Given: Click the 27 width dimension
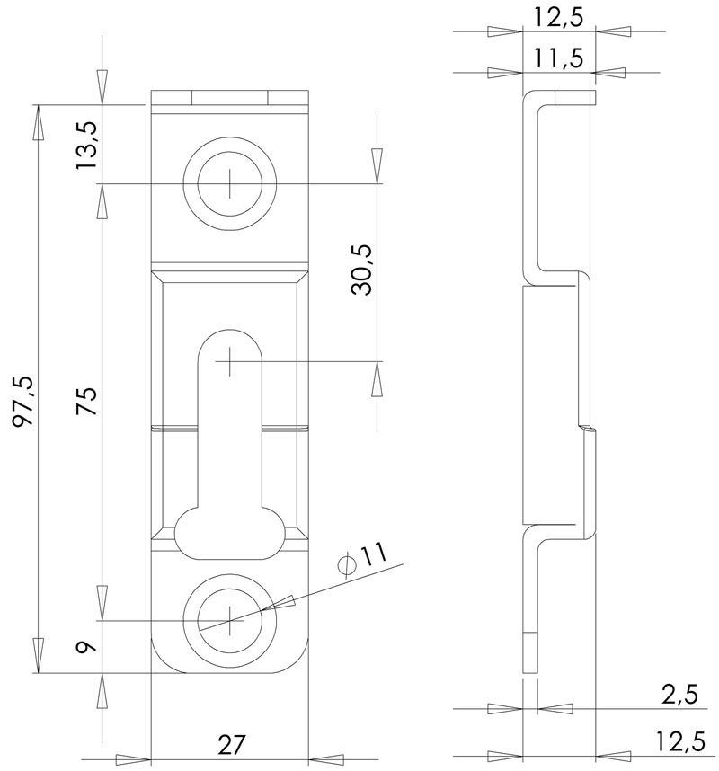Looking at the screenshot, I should pyautogui.click(x=231, y=744).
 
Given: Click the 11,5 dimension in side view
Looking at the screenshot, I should pyautogui.click(x=557, y=59).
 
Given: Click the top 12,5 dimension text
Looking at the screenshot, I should pyautogui.click(x=557, y=18).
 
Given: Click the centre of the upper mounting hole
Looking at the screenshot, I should pyautogui.click(x=230, y=184).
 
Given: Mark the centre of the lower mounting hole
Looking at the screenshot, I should pyautogui.click(x=230, y=620).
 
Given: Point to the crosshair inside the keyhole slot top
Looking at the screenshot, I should pyautogui.click(x=230, y=362).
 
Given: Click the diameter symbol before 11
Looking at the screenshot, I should pyautogui.click(x=345, y=564).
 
